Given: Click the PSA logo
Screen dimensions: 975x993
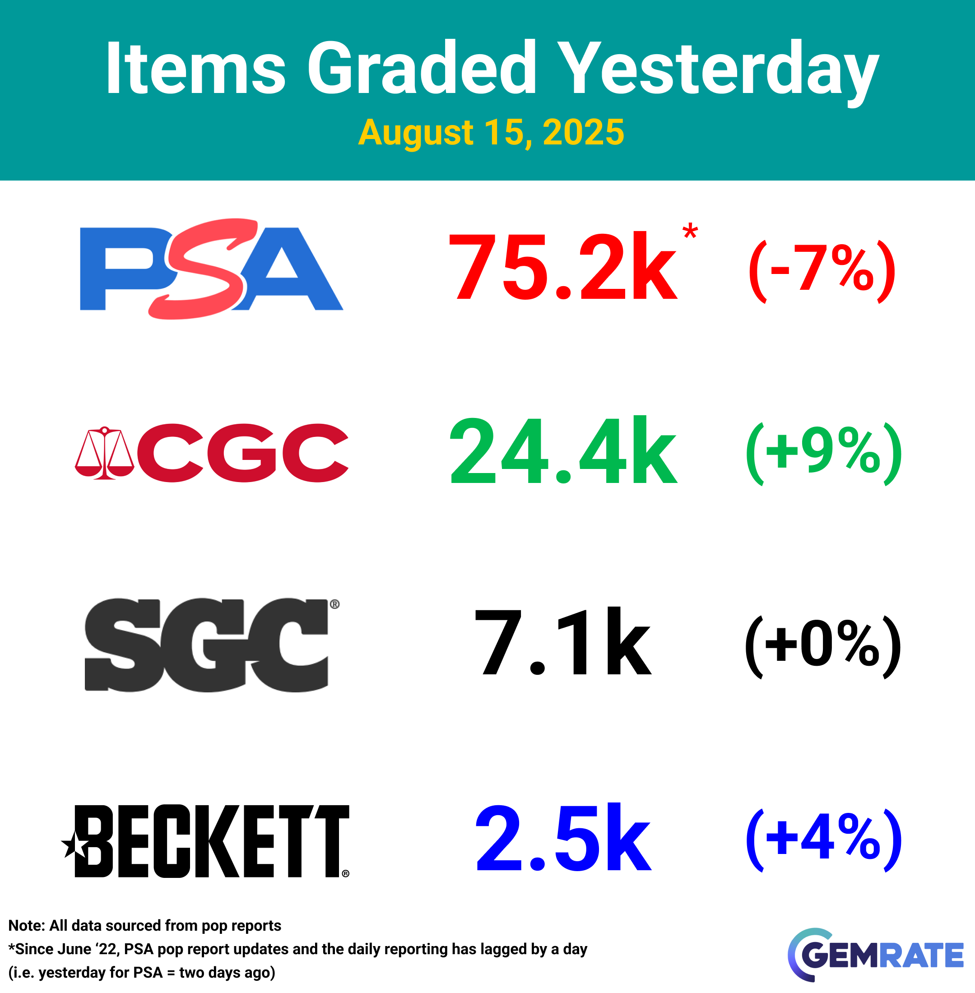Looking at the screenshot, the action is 212,269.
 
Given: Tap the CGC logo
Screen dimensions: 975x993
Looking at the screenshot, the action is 212,453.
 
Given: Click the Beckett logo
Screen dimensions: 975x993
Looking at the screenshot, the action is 205,841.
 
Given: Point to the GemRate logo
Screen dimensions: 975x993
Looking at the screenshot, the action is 875,955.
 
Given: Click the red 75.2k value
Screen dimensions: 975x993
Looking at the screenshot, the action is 563,267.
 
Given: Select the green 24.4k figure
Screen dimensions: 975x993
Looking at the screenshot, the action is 563,450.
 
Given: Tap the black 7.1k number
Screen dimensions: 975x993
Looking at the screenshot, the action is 563,642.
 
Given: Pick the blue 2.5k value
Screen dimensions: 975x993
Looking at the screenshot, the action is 563,837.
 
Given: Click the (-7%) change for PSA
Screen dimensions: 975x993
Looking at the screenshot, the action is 822,271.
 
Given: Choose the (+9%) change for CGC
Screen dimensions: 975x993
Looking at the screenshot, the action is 823,454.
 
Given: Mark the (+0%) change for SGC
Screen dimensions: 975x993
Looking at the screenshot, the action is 823,647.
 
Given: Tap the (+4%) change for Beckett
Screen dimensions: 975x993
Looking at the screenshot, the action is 823,840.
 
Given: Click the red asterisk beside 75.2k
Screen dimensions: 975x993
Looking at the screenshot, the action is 690,231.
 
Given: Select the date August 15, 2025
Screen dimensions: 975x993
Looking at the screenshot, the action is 491,133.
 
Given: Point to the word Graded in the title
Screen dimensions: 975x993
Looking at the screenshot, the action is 422,68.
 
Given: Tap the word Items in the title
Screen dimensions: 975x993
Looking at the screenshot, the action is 195,69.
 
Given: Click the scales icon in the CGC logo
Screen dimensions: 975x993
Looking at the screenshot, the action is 104,453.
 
